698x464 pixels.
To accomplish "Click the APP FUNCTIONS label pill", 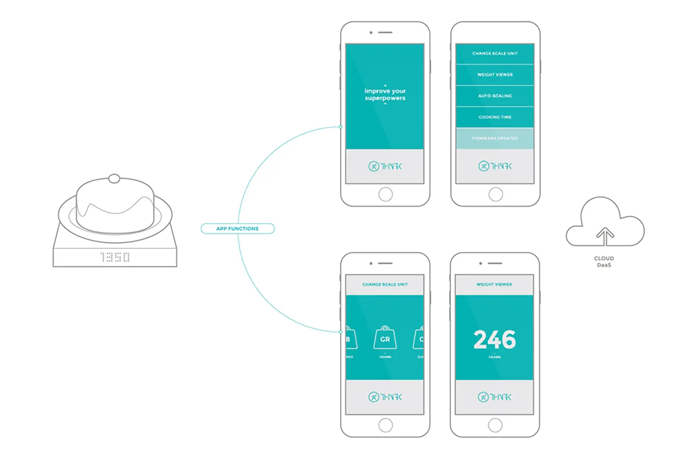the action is click(x=237, y=229).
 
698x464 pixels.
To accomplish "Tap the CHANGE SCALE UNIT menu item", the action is click(x=495, y=54).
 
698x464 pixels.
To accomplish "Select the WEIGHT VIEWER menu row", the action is click(x=495, y=74).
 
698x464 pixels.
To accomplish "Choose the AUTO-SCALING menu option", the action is click(x=495, y=96).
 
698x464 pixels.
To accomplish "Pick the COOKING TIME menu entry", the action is click(x=495, y=117).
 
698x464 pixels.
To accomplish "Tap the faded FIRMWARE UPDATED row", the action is click(x=495, y=138).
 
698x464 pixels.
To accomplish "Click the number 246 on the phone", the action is click(x=495, y=340).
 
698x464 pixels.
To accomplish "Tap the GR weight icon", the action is click(x=385, y=338).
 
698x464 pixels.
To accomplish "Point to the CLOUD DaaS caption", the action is click(x=604, y=262).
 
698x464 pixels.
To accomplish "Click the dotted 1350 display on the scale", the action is click(x=115, y=257).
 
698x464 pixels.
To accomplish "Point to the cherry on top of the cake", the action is click(x=114, y=178).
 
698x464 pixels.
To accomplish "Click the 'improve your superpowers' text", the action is click(x=385, y=94).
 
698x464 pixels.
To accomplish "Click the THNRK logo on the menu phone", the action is click(x=495, y=166).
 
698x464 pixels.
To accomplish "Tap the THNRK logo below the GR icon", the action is click(x=385, y=397).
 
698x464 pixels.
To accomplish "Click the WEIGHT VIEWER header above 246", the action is click(x=494, y=284).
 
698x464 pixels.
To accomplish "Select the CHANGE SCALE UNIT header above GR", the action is click(x=385, y=284).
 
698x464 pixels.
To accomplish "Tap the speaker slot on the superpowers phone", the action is click(x=385, y=33).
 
